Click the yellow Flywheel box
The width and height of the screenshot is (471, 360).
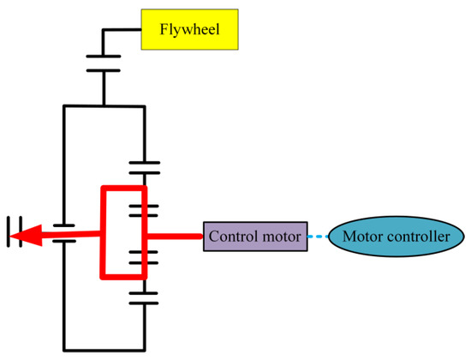[x=188, y=30]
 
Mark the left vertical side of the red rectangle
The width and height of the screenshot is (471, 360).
[x=104, y=231]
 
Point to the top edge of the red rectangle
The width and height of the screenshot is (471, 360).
[x=125, y=188]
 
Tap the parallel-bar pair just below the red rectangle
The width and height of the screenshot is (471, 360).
[x=145, y=297]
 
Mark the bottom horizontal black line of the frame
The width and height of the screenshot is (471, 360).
[x=104, y=339]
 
